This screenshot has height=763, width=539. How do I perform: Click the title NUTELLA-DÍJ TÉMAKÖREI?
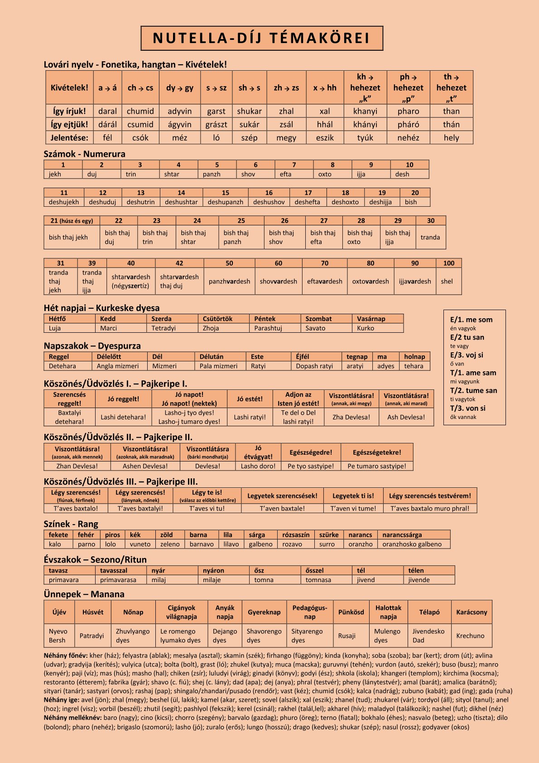pos(262,38)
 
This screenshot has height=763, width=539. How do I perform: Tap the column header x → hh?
pos(325,88)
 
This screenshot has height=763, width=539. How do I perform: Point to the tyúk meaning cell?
pos(365,138)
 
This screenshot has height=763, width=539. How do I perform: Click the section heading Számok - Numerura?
pos(84,154)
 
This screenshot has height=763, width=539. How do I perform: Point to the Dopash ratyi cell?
pos(314,366)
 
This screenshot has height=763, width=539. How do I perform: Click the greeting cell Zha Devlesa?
pos(351,417)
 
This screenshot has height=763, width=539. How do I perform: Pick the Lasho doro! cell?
pos(258,466)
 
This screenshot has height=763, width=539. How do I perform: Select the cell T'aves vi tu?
pos(207,508)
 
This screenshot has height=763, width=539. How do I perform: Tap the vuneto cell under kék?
pos(140,544)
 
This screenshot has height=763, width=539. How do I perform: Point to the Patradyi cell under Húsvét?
pos(91,636)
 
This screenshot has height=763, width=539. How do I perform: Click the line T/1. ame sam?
pos(473,373)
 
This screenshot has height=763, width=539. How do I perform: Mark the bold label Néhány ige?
pos(62,700)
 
